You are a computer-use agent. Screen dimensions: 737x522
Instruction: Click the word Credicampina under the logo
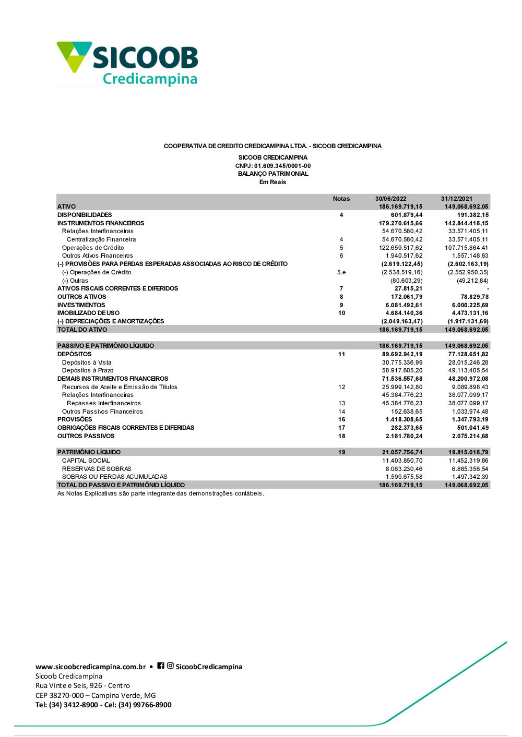[x=150, y=79]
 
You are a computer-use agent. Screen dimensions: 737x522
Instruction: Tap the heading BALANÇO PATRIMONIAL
[x=273, y=174]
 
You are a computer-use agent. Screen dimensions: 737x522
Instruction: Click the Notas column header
[x=341, y=199]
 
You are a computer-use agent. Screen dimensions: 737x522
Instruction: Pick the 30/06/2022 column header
[x=390, y=199]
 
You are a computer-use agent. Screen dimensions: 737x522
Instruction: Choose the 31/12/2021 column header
[x=456, y=199]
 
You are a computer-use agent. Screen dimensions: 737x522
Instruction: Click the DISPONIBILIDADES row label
[x=85, y=215]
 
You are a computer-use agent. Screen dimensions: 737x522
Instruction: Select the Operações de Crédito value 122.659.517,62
[x=401, y=248]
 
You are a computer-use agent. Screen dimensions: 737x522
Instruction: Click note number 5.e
[x=341, y=272]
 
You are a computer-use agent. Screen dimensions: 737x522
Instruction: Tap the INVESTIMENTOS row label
[x=81, y=305]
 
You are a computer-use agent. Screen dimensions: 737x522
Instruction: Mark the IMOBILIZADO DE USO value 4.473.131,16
[x=470, y=313]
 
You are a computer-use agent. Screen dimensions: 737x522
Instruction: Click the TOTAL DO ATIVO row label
[x=82, y=330]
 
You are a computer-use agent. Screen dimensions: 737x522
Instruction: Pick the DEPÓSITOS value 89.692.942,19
[x=402, y=354]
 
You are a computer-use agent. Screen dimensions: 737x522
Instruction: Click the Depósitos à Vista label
[x=87, y=363]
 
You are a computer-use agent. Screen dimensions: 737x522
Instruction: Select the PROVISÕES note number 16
[x=341, y=419]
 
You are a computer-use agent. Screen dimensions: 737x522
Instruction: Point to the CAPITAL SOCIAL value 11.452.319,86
[x=468, y=461]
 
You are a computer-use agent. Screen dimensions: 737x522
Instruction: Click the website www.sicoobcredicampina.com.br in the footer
[x=91, y=667]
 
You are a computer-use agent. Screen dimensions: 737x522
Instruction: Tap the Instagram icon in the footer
[x=170, y=666]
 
